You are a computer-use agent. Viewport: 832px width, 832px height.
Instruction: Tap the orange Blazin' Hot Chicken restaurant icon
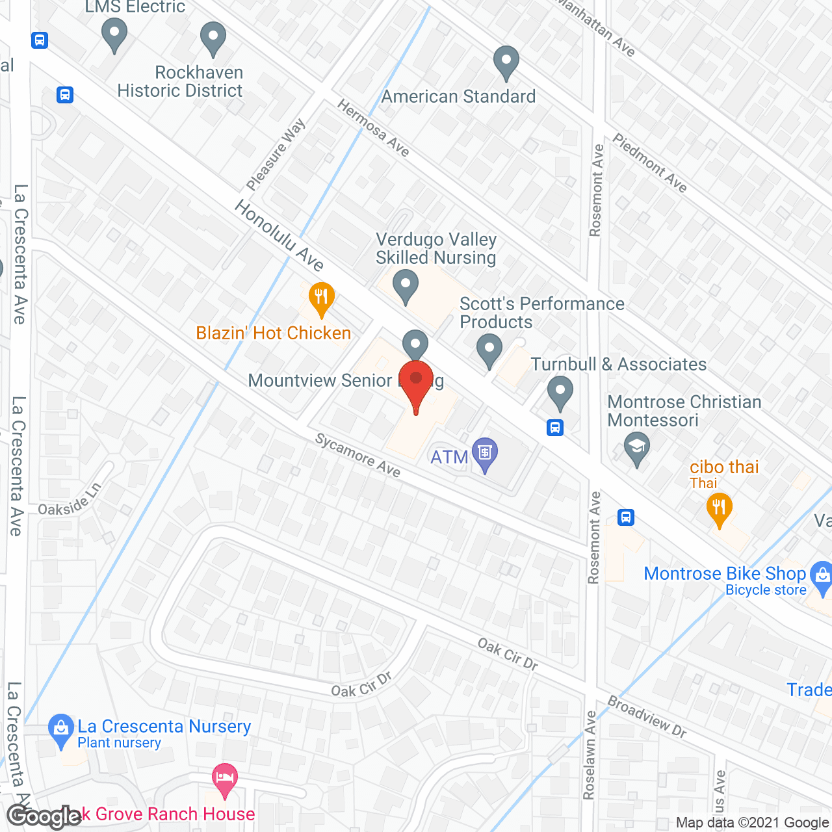(321, 298)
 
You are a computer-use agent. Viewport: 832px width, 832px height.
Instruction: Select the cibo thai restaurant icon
(718, 509)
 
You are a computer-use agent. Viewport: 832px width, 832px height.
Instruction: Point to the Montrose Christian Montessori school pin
(637, 448)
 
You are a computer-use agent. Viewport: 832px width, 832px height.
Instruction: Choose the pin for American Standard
(506, 62)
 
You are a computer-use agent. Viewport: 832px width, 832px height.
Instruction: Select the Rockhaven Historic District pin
(213, 38)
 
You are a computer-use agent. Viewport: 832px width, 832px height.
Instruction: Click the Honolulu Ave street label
(279, 235)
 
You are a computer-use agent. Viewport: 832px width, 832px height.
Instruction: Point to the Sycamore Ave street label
(358, 455)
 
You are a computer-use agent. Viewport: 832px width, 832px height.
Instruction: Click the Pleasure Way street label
(276, 155)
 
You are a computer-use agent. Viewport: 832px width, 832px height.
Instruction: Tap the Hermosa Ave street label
(373, 128)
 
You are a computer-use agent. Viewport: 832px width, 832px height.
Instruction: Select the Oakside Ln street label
(70, 499)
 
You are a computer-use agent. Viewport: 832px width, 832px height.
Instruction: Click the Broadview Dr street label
(647, 716)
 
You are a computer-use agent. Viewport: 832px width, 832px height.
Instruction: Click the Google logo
(44, 816)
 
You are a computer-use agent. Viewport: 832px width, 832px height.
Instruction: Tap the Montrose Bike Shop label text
(724, 573)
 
